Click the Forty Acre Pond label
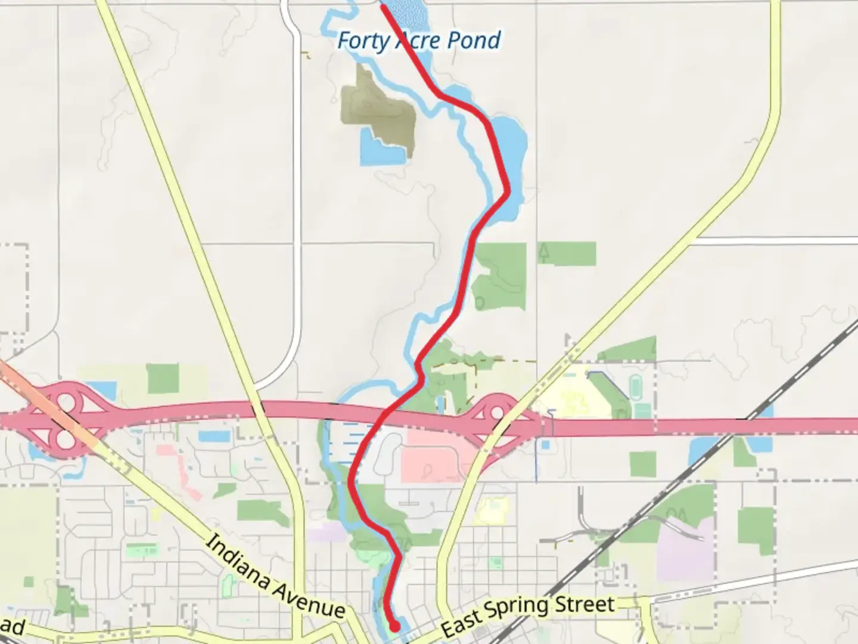(x=419, y=41)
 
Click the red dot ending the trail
(x=394, y=626)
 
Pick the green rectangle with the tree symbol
(x=566, y=253)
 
